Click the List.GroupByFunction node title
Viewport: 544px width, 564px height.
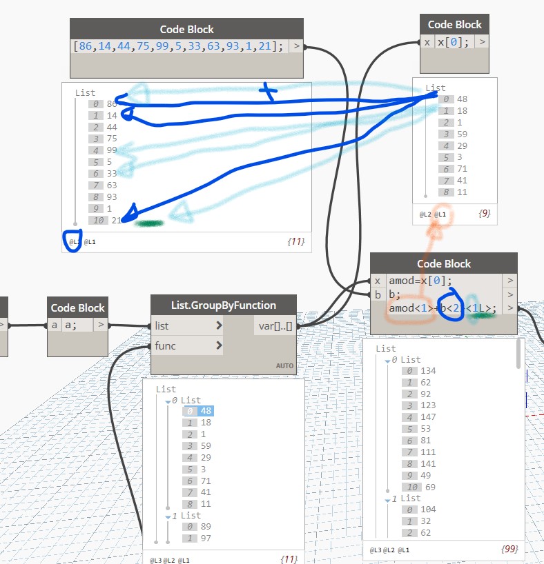point(223,305)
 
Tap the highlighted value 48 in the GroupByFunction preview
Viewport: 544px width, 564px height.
point(205,411)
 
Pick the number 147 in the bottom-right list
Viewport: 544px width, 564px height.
point(428,416)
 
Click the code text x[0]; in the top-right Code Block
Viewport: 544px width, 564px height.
point(453,42)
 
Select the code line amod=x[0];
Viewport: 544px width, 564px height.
point(420,281)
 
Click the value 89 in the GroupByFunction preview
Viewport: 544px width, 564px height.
point(205,527)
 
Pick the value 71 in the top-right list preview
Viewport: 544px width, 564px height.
point(462,168)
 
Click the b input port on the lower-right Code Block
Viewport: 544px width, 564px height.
point(378,295)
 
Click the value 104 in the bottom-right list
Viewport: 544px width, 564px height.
point(428,510)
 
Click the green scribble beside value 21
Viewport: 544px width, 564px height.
point(149,223)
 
